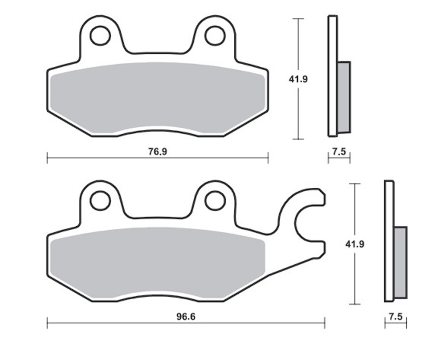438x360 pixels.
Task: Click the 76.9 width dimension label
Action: tap(157, 152)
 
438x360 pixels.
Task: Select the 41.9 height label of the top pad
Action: tap(298, 79)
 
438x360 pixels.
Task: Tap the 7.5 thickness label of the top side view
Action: tap(339, 152)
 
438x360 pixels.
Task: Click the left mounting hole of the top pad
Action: tap(100, 36)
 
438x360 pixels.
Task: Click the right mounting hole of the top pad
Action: tap(215, 36)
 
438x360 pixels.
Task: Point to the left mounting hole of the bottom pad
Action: tap(100, 201)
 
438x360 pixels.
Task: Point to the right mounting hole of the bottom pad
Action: tap(215, 201)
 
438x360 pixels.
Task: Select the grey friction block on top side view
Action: tap(344, 97)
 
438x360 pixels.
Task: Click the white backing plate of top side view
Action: tap(332, 77)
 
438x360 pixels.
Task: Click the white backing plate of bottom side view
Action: tap(389, 241)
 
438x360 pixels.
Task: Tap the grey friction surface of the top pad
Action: tap(157, 96)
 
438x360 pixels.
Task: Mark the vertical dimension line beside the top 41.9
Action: tap(298, 110)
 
